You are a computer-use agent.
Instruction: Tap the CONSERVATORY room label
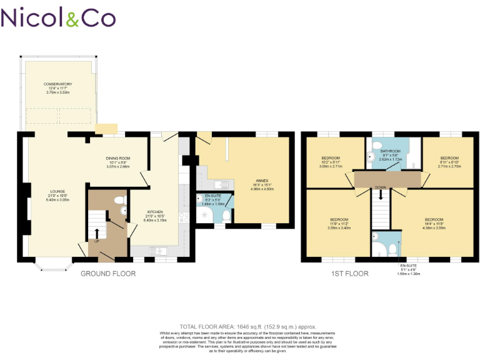coord(57,88)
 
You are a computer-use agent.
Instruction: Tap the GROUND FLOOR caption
coord(107,274)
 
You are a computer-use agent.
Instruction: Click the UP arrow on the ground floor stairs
coord(97,232)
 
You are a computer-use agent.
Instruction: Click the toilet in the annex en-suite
coord(226,216)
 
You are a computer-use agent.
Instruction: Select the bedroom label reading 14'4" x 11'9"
coord(434,224)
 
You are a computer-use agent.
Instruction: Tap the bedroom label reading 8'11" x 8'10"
coord(449,162)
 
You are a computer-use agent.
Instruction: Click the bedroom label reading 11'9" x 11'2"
coord(339,224)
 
